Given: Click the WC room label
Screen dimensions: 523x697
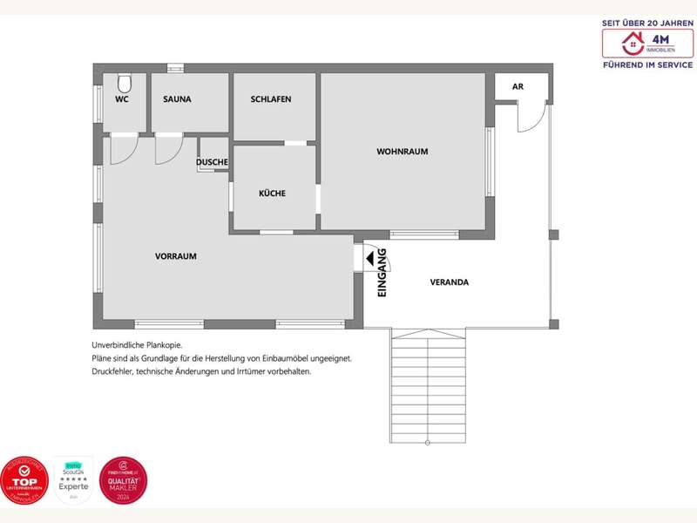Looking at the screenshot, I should (x=121, y=99).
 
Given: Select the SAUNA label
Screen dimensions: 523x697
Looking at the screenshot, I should (x=177, y=99).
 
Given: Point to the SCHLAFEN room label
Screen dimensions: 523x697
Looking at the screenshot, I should (x=271, y=99).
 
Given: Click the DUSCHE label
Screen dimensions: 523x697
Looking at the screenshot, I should (x=212, y=162).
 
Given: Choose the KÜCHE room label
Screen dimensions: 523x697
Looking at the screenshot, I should (x=272, y=194).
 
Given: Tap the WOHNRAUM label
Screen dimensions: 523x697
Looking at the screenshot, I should (x=402, y=152).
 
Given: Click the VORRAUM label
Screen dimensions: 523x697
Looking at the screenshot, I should (x=176, y=256).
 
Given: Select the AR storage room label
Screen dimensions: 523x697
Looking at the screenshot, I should (x=518, y=87).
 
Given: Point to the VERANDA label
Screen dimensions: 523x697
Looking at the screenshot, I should (x=450, y=282).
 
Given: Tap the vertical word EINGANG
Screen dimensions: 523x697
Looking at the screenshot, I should (x=382, y=274).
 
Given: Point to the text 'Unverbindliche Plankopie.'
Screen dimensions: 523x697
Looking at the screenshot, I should (x=137, y=345).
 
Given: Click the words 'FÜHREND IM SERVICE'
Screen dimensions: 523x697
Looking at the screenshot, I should (x=647, y=65).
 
